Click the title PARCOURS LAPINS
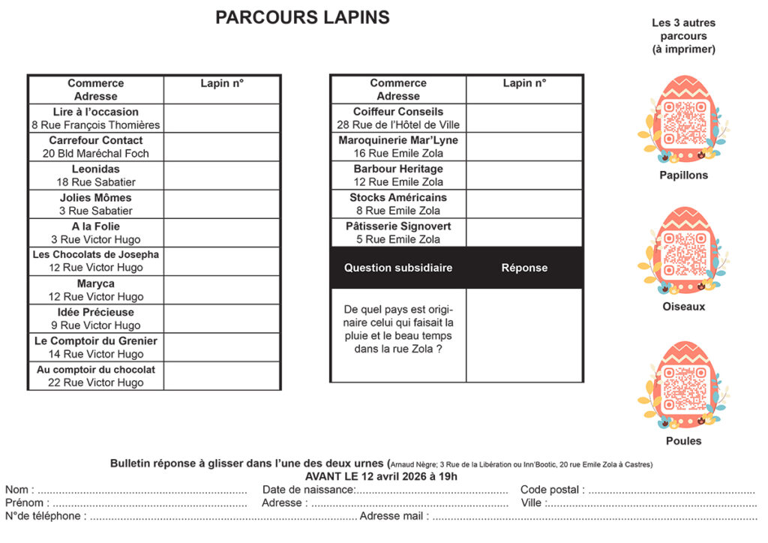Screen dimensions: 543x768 302,17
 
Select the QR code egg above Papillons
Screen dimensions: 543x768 683,120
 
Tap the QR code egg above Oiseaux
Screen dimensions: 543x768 683,252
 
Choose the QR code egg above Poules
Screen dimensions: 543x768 683,385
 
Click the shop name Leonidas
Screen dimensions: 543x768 95,169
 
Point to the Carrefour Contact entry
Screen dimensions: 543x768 95,146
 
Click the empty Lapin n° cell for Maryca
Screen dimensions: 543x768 222,290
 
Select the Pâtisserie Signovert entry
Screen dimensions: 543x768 398,232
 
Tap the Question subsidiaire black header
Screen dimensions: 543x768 398,268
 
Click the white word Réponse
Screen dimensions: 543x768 524,268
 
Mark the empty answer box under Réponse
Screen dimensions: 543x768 524,334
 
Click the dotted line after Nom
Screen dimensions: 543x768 142,490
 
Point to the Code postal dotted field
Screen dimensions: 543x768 671,490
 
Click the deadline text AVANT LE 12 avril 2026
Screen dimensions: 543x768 381,476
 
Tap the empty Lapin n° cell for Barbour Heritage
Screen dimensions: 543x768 524,175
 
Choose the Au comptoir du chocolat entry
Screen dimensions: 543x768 95,376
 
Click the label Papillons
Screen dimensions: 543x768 683,175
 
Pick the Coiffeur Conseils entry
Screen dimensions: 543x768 398,118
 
